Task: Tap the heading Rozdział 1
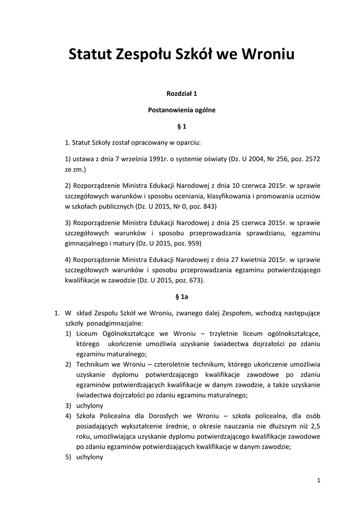(182, 93)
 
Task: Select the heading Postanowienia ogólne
(182, 109)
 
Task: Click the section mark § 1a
(182, 297)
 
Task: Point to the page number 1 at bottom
(319, 480)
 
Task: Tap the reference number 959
(194, 243)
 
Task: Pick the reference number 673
(195, 281)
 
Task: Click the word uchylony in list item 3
(90, 405)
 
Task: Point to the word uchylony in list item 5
(90, 457)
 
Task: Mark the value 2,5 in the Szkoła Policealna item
(315, 426)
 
